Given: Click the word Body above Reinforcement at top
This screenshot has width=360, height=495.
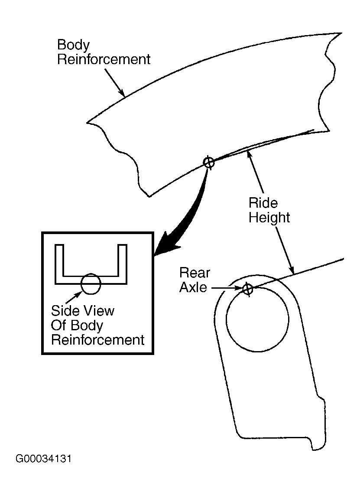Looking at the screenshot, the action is (73, 45).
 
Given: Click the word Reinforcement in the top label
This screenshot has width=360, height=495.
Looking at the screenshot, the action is (104, 59).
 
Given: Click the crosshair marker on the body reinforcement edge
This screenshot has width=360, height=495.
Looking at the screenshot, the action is (208, 163).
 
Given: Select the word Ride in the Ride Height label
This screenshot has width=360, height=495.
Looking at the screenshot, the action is (263, 203).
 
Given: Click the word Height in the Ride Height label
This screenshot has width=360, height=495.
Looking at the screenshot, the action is (269, 218).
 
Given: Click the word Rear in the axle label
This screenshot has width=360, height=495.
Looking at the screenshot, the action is (195, 273).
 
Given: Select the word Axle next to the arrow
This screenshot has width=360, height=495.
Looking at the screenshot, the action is (193, 287).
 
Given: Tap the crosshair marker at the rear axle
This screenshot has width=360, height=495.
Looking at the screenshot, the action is (248, 289).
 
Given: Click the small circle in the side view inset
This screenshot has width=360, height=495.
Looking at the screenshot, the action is (91, 284).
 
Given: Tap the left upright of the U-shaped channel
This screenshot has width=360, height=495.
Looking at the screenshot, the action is (59, 264).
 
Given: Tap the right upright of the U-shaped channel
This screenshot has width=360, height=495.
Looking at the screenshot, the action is (123, 264).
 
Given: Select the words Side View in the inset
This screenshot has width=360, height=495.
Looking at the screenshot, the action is (83, 311).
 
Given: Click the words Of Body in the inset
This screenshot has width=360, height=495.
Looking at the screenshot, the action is (77, 326).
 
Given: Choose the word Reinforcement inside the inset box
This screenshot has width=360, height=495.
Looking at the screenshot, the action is (98, 340).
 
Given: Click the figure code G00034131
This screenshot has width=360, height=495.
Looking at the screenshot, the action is (44, 459).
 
